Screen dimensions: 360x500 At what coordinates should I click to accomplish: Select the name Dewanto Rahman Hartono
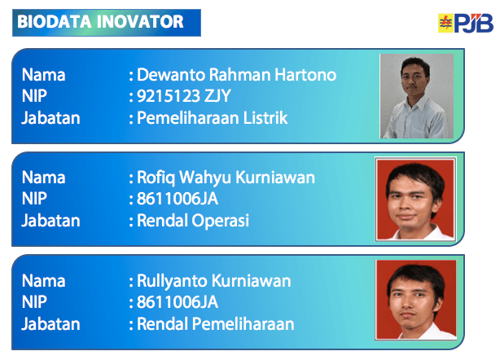(x=237, y=75)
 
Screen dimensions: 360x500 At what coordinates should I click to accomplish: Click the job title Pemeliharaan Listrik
(x=213, y=117)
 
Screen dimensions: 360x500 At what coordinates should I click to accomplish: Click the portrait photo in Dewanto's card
(x=416, y=95)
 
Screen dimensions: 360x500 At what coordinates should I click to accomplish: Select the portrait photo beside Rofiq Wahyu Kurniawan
(x=415, y=198)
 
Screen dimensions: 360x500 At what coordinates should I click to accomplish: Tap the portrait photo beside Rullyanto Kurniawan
(x=415, y=301)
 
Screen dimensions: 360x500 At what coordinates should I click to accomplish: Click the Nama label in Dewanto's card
(x=43, y=75)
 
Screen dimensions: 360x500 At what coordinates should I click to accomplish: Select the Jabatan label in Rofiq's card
(x=50, y=220)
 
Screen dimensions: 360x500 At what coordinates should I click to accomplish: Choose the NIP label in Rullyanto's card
(x=35, y=302)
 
